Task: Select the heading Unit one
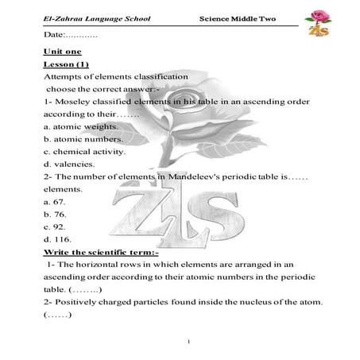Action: coord(57,50)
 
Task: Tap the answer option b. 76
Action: coord(55,215)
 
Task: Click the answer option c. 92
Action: coord(55,227)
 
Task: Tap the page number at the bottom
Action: coord(182,343)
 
